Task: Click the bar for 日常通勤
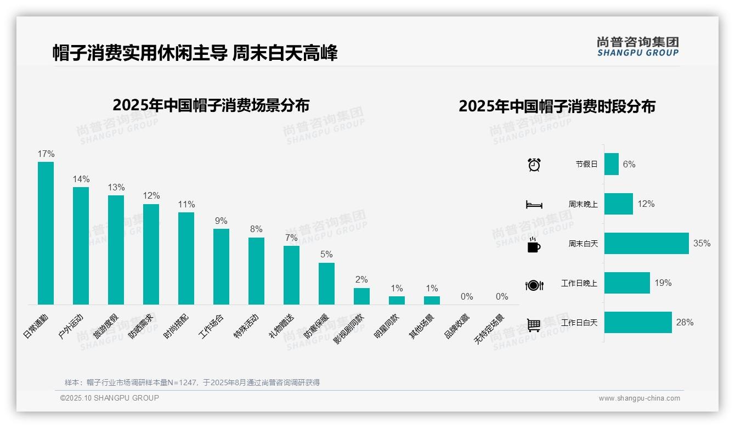click(x=46, y=233)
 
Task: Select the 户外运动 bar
click(x=81, y=246)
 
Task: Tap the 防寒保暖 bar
click(x=326, y=284)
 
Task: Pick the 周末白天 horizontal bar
click(x=646, y=244)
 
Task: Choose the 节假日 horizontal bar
click(x=612, y=164)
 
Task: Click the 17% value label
click(x=46, y=154)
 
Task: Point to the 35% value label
click(x=702, y=244)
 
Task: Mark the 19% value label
click(x=663, y=283)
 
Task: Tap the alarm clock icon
click(x=534, y=165)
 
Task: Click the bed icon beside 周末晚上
click(x=534, y=205)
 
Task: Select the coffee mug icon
click(x=534, y=245)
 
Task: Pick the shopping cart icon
click(x=534, y=325)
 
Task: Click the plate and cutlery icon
click(x=534, y=285)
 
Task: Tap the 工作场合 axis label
click(x=212, y=325)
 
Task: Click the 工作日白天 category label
click(x=579, y=323)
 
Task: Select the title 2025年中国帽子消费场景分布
click(x=211, y=105)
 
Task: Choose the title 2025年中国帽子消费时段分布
click(x=557, y=106)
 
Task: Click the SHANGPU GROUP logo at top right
click(x=637, y=47)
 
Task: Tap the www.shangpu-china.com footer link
click(x=639, y=398)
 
